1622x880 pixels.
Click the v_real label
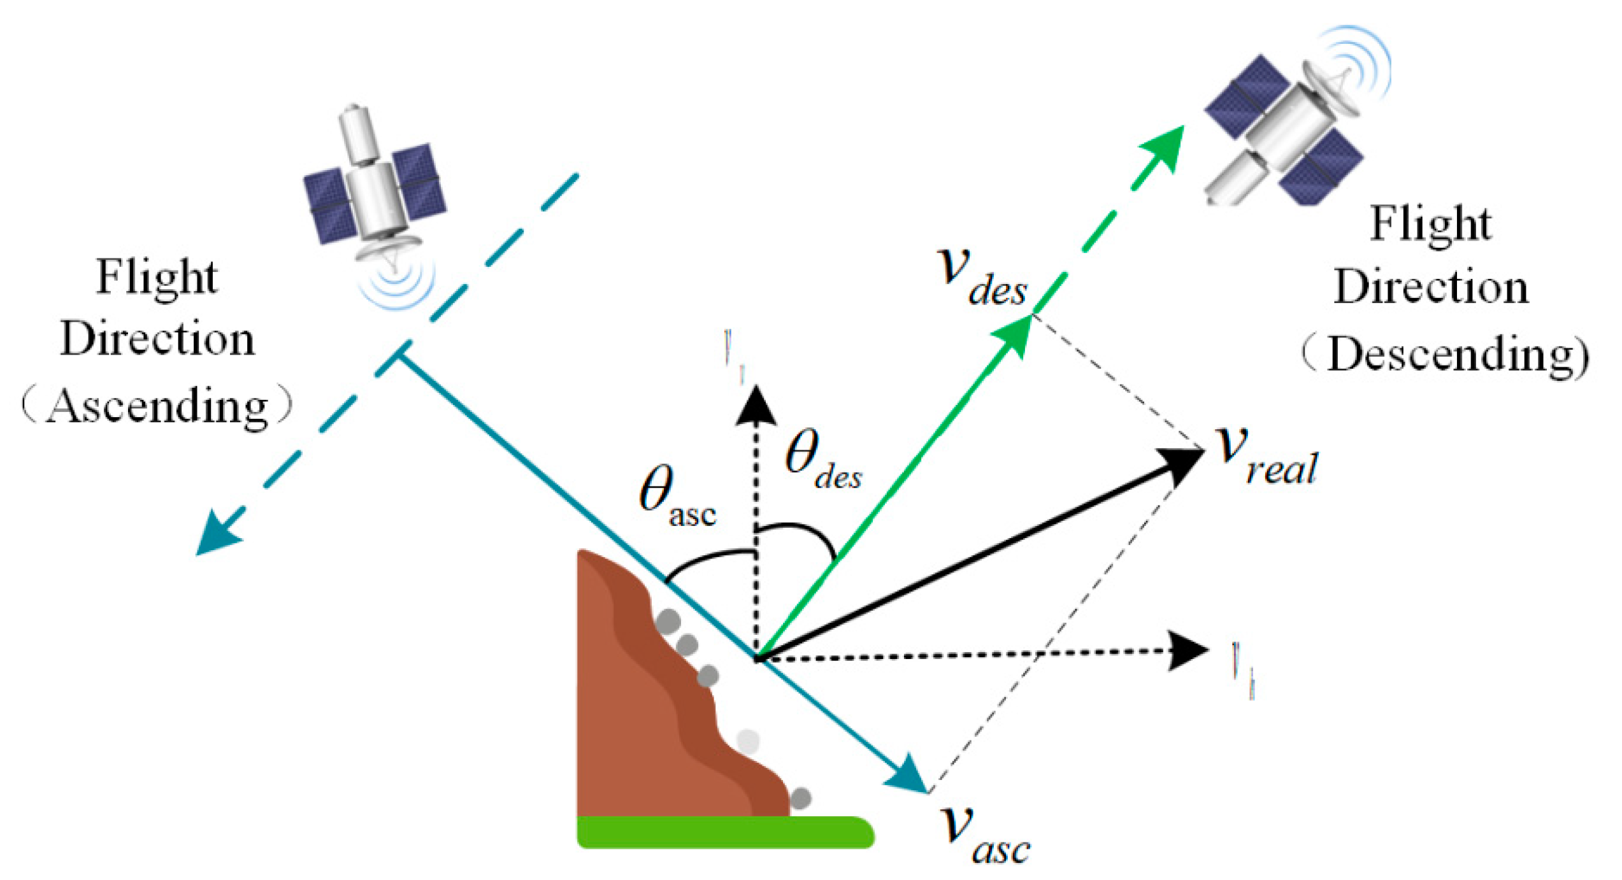[1265, 455]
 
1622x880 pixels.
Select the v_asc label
[984, 834]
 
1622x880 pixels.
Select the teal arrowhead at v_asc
[911, 777]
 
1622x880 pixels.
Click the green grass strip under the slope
[723, 832]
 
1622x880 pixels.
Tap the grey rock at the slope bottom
[801, 798]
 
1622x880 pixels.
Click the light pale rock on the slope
[748, 741]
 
